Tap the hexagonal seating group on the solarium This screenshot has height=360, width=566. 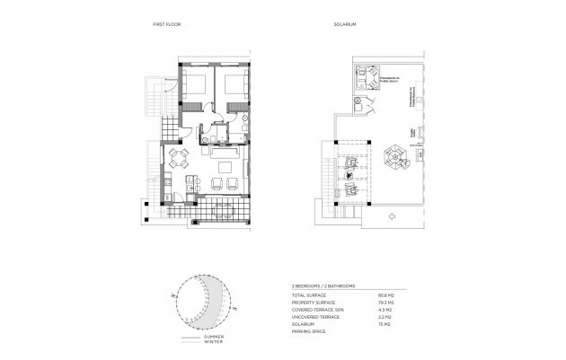[x=393, y=158]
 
